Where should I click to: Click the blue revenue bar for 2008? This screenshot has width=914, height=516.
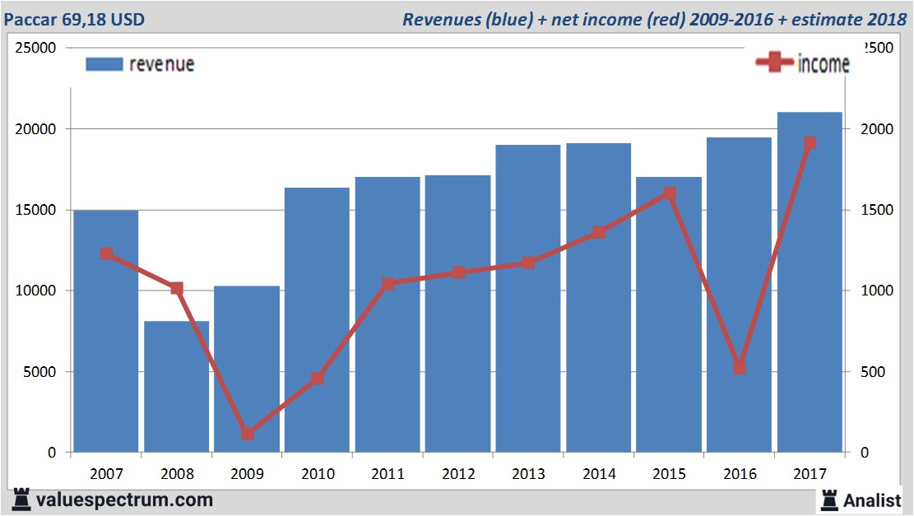177,387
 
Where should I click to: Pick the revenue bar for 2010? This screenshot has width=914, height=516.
317,321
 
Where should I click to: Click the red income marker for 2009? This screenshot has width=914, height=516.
248,434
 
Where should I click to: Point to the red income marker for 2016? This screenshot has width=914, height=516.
740,368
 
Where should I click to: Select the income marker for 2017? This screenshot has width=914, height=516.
810,143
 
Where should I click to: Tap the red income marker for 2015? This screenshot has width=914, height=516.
669,194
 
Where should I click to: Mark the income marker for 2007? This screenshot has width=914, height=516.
106,254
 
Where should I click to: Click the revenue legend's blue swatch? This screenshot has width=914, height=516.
104,64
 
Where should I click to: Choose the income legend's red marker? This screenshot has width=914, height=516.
774,63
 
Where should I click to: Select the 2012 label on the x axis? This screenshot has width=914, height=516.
457,475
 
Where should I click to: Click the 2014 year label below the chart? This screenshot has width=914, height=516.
598,475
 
